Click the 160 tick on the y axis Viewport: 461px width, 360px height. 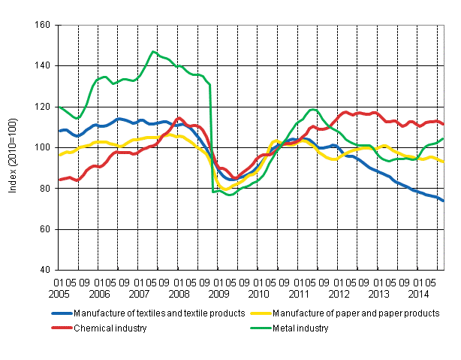point(43,25)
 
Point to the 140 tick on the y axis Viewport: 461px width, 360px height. point(43,66)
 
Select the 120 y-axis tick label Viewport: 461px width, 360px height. point(43,107)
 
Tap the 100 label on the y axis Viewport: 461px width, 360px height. point(43,147)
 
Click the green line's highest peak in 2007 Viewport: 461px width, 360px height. point(153,52)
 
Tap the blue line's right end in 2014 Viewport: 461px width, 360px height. point(442,201)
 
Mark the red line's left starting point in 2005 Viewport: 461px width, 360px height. point(59,180)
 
